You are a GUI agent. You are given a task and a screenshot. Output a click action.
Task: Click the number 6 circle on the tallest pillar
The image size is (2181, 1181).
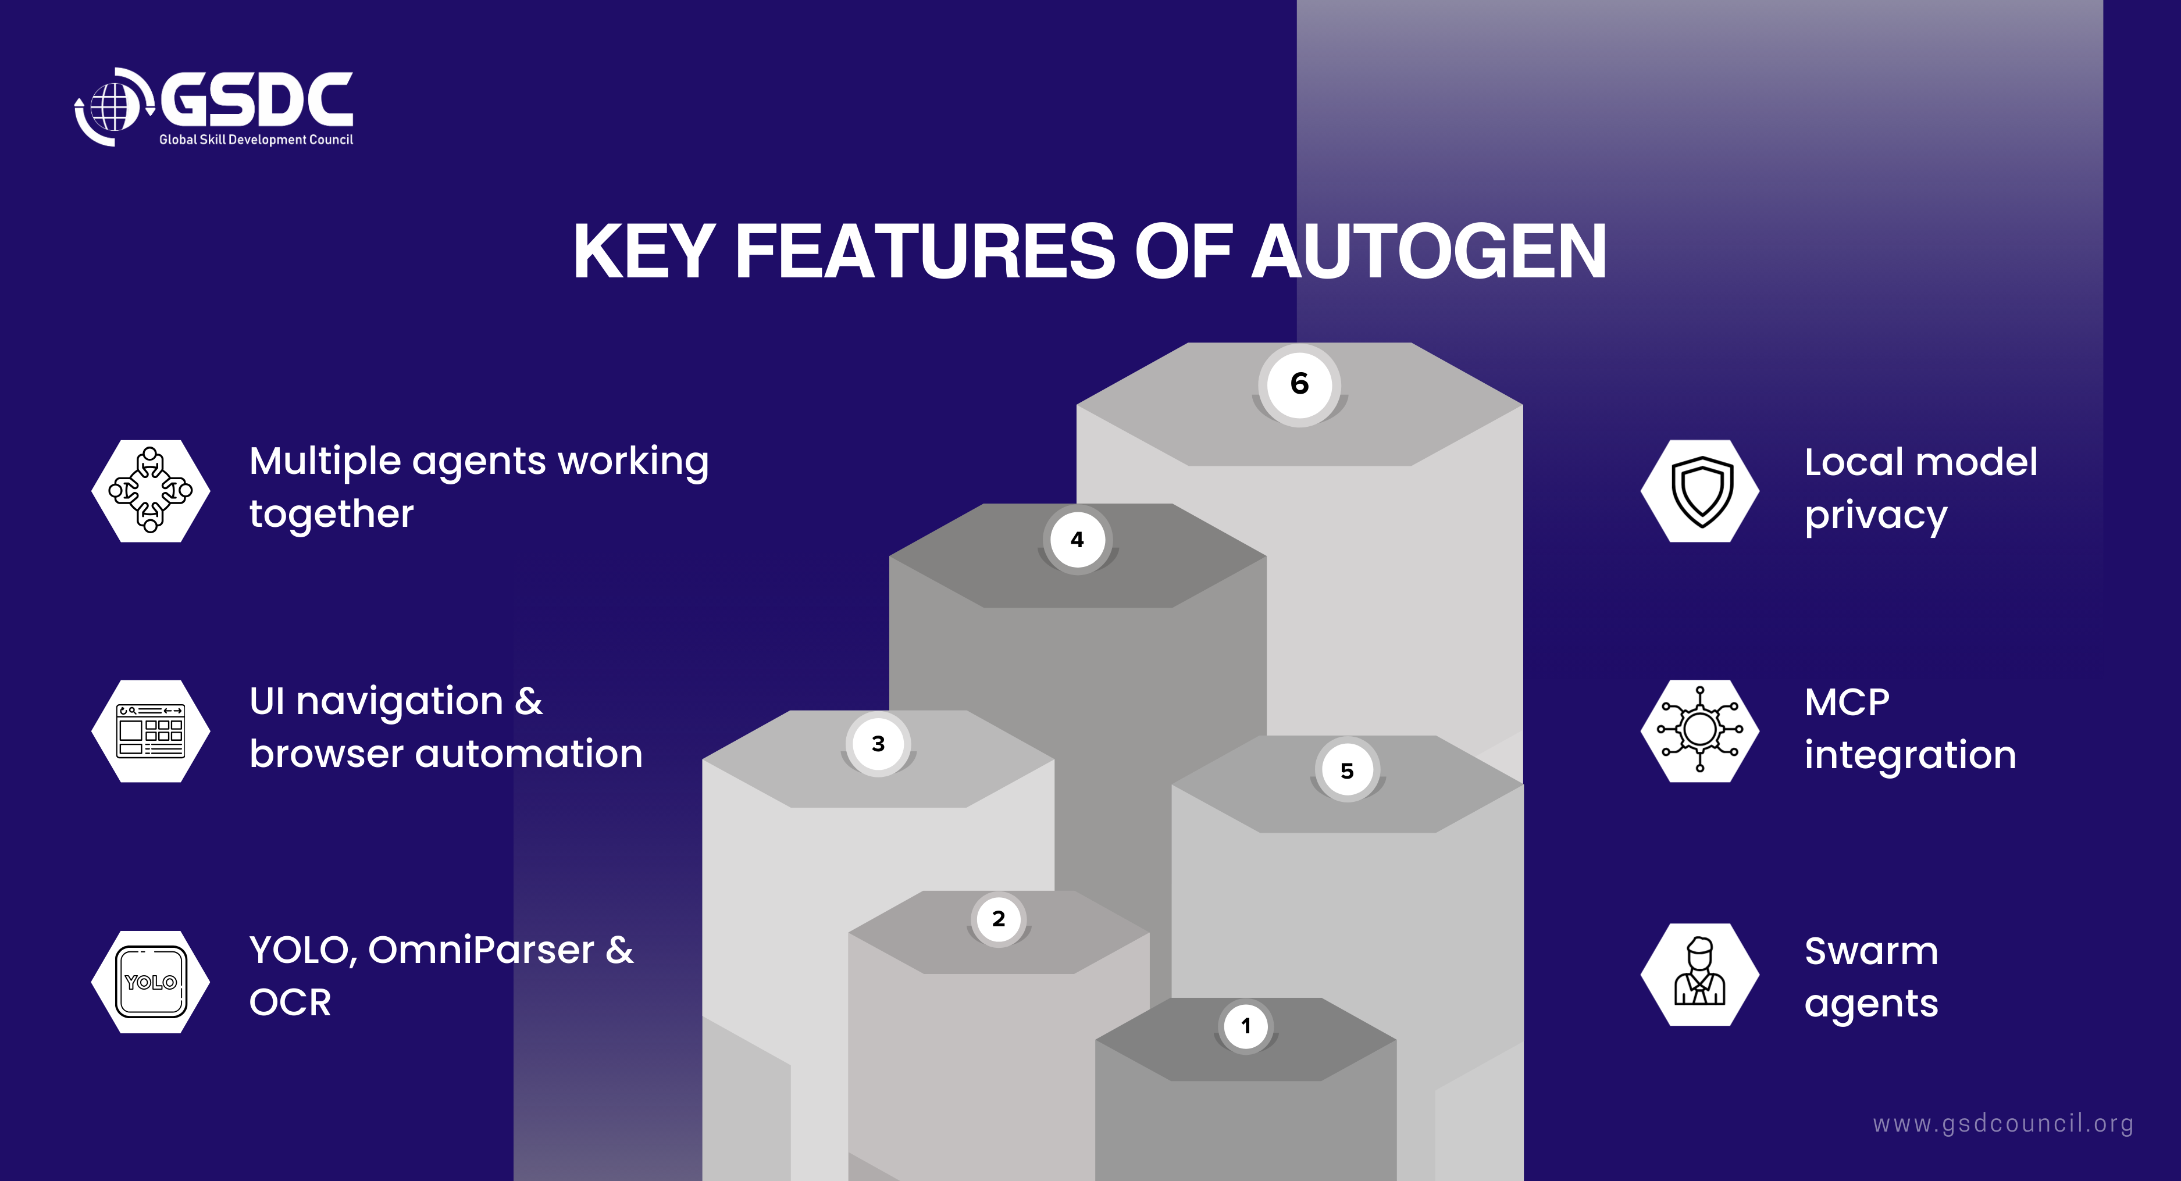click(1300, 384)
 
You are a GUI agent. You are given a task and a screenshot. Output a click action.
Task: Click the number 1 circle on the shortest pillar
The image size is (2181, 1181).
click(1245, 1026)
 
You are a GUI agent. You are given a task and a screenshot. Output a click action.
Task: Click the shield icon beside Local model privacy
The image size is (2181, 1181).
click(1700, 491)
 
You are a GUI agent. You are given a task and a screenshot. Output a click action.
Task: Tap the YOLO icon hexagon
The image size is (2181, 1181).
click(151, 982)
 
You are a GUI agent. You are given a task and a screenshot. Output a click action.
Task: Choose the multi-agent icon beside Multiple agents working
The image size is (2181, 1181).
click(151, 491)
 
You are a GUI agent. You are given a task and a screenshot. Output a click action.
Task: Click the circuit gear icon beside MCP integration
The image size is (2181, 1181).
click(1700, 730)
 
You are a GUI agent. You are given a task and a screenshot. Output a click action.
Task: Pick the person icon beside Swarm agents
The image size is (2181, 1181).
click(1700, 973)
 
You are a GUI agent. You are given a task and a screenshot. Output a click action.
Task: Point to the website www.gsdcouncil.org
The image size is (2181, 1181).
click(2002, 1124)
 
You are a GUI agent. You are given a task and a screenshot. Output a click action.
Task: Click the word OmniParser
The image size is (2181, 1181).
click(481, 951)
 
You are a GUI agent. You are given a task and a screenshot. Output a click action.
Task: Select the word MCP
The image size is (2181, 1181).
click(1847, 702)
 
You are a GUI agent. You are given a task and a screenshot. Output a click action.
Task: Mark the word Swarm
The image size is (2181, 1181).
click(1871, 951)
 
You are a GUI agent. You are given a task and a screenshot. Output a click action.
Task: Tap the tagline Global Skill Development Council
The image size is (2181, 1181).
click(256, 140)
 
